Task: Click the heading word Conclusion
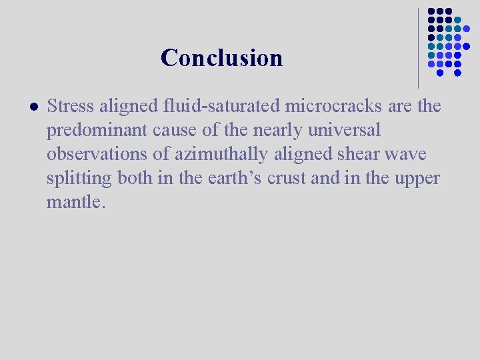point(221,58)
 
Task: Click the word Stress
point(71,106)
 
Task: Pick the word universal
point(343,130)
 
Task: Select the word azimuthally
point(221,154)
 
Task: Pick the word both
point(135,178)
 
